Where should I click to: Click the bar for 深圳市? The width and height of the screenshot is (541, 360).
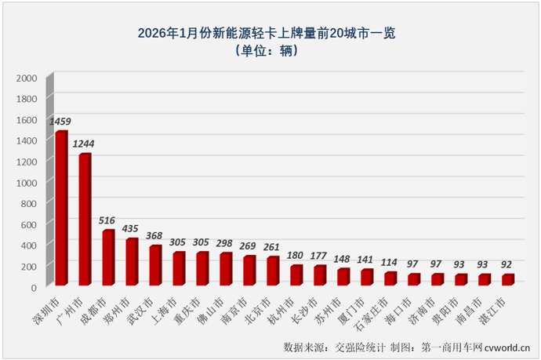click(60, 208)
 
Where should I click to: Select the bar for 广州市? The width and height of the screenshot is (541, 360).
click(84, 220)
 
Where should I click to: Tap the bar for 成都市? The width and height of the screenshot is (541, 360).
click(107, 257)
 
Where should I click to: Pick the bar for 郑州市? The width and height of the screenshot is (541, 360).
click(131, 261)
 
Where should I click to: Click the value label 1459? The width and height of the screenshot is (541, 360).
click(60, 122)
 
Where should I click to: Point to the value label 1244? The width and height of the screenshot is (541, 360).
click(84, 144)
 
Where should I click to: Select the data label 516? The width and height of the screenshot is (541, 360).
click(108, 220)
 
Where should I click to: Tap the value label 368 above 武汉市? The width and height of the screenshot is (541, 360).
click(155, 236)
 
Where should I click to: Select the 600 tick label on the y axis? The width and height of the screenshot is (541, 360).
click(28, 224)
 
